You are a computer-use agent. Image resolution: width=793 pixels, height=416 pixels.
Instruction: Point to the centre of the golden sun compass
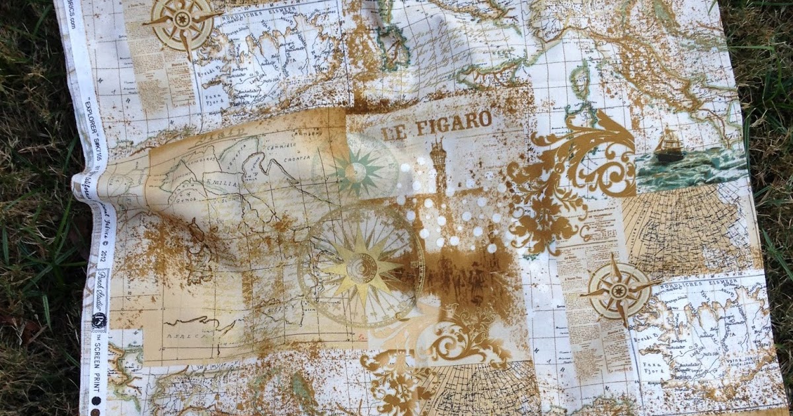coord(361,267)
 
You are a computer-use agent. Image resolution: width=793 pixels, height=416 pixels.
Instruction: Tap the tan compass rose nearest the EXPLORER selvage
coord(182,22)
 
